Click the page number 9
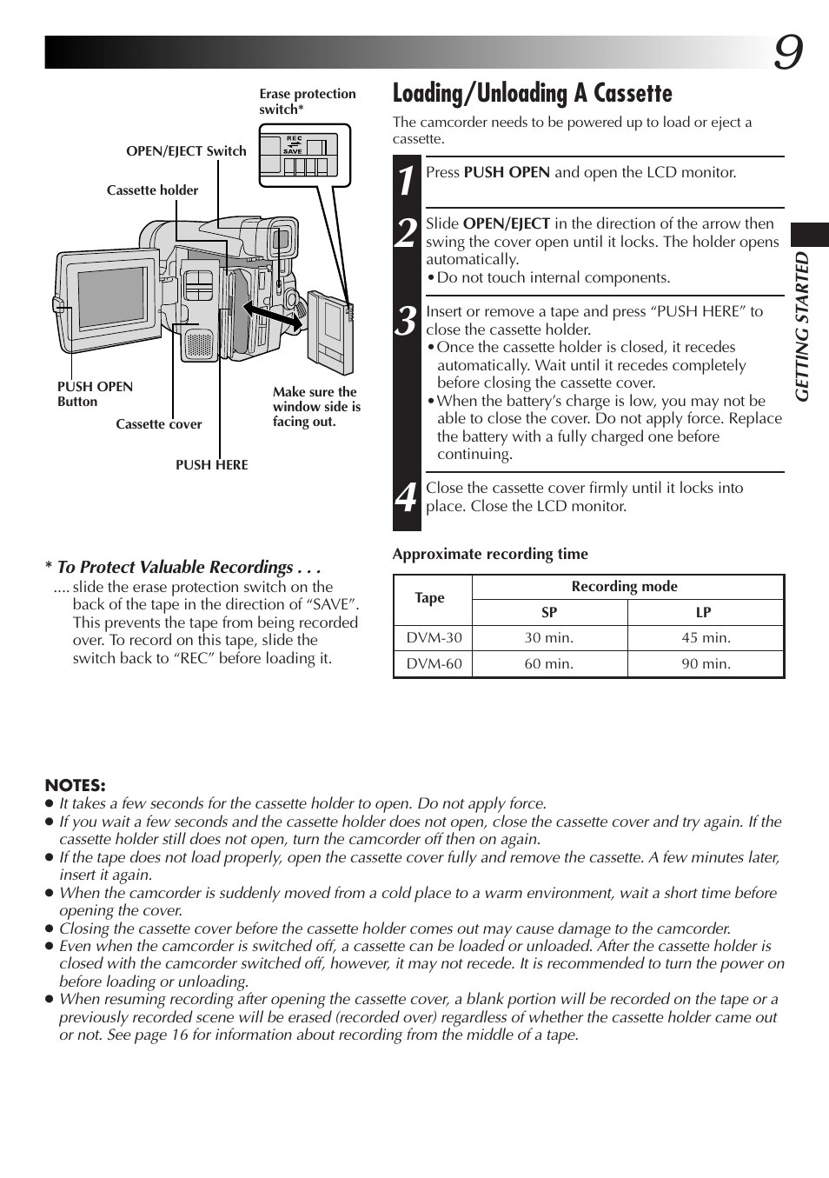tap(787, 54)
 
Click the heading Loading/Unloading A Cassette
tap(532, 94)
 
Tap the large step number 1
tap(406, 182)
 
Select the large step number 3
tap(406, 321)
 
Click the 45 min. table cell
tap(706, 638)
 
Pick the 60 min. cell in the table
tap(548, 664)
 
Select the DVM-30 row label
tap(434, 638)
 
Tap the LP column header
tap(703, 612)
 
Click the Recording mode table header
tap(624, 587)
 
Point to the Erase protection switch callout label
tap(307, 101)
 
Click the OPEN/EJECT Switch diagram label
tap(186, 151)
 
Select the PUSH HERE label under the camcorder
tap(211, 465)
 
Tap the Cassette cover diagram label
tap(158, 424)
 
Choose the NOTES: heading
tap(75, 786)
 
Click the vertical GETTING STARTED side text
tap(803, 326)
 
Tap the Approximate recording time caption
tap(490, 555)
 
